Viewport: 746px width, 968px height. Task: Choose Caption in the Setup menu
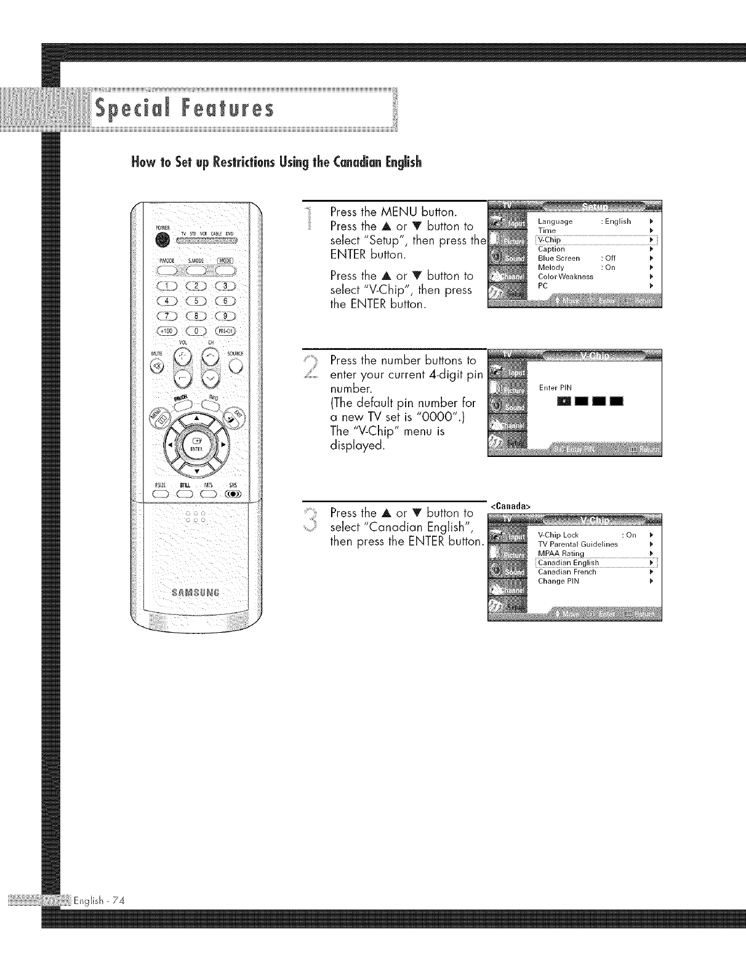coord(551,249)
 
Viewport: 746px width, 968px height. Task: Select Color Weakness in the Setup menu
coord(565,277)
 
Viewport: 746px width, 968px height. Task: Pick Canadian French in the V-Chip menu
coord(566,572)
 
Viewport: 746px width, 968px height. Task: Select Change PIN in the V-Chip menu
coord(558,581)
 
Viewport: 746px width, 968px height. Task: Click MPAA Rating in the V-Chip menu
coord(561,553)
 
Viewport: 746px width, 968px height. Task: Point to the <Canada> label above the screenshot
coord(510,506)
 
